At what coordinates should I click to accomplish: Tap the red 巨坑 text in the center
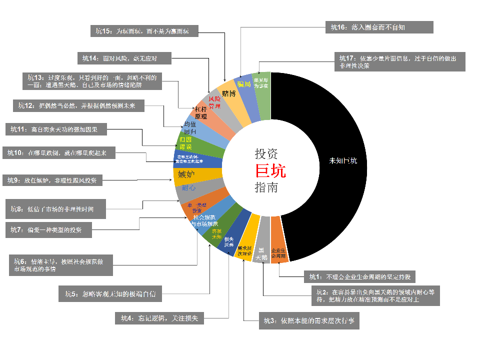coord(270,171)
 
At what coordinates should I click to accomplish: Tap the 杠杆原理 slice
coord(201,112)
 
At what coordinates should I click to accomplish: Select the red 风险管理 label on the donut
coord(214,102)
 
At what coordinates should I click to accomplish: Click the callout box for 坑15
coord(144,31)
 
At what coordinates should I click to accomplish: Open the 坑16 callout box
coord(378,27)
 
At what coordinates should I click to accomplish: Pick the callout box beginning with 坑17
coord(400,61)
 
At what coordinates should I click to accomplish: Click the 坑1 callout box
coord(362,276)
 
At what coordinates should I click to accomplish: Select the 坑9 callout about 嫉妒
coord(52,180)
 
